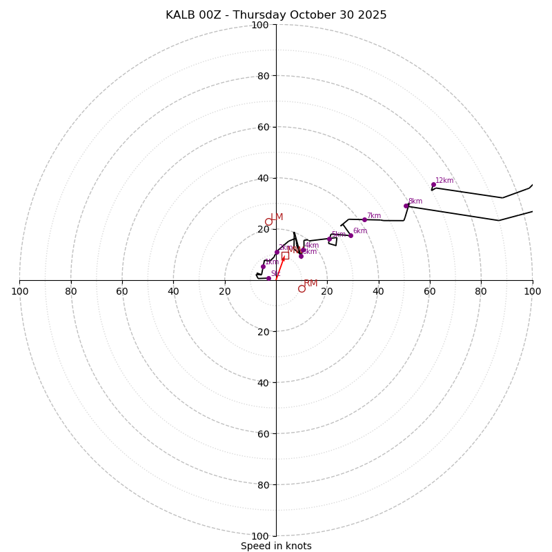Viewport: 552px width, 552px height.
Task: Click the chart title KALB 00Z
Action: coord(276,15)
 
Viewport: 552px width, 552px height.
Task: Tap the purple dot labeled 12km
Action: coord(433,184)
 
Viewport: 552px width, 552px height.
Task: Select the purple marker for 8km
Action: coord(406,206)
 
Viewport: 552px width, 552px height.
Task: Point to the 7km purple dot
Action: coord(364,219)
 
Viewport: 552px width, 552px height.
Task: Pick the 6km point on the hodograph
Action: coord(351,235)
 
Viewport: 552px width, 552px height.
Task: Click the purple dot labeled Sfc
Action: coord(268,278)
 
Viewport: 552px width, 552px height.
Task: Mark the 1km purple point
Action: coord(263,266)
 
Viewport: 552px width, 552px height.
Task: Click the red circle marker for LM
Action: coord(268,221)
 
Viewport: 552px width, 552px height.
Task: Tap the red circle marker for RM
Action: coord(302,288)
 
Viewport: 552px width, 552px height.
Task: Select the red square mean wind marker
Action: coord(285,255)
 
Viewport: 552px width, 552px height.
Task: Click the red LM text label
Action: coord(277,217)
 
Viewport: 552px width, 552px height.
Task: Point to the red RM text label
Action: coord(310,284)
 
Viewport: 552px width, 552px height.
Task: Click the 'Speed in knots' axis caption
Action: coord(276,546)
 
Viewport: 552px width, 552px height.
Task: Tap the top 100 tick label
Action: coord(260,26)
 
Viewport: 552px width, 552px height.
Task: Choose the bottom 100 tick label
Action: coord(260,536)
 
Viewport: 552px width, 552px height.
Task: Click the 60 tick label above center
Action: coord(263,127)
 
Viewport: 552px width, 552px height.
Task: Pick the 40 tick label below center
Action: coord(263,383)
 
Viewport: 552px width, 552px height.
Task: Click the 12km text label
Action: coord(444,181)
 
